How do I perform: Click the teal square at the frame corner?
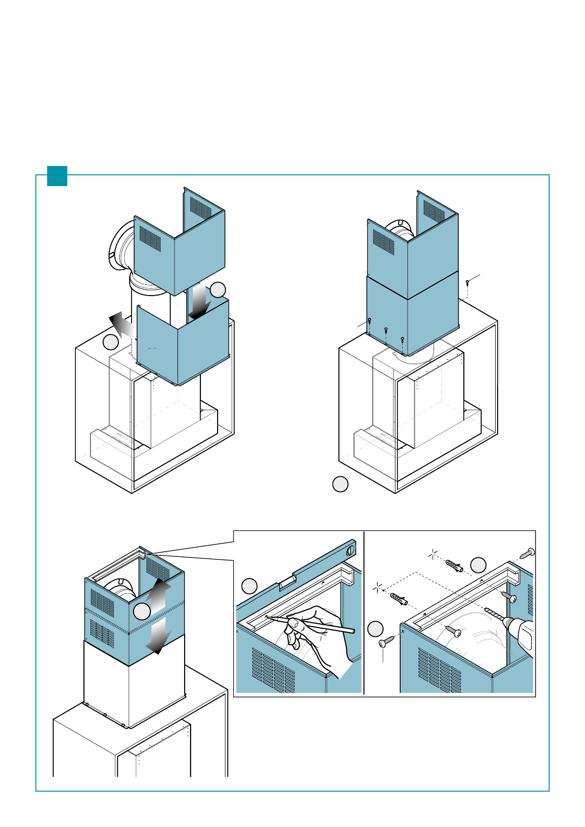57,176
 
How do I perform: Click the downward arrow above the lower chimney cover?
199,302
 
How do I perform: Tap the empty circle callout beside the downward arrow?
218,290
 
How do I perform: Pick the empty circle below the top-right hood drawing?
340,484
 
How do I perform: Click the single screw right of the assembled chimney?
468,283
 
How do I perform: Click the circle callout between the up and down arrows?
142,612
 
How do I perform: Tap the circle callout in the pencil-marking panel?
250,586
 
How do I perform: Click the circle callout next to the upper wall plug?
478,565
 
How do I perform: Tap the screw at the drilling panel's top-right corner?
529,552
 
